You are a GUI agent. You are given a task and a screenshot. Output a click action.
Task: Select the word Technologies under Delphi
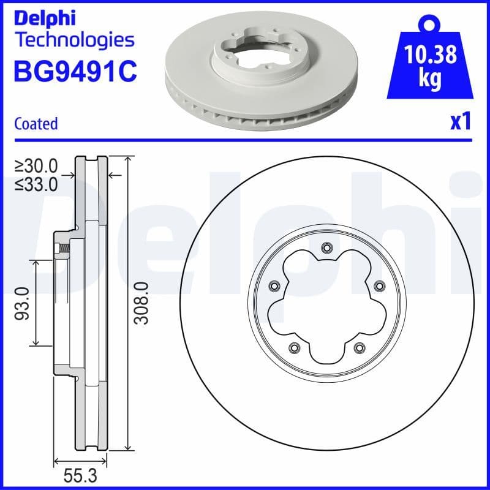click(x=73, y=40)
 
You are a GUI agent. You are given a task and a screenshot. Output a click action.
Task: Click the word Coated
click(x=36, y=123)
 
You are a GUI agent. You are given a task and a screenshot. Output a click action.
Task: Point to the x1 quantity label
click(x=461, y=122)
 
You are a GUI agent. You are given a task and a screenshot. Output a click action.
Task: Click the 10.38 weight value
click(x=431, y=55)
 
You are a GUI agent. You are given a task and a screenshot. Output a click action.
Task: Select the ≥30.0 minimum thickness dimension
click(x=37, y=165)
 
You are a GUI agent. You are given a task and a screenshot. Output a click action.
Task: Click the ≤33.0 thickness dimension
click(x=37, y=183)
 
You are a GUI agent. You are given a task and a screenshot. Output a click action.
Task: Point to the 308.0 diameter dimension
click(x=141, y=303)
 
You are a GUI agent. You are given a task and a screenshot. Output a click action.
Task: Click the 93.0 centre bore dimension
click(x=23, y=303)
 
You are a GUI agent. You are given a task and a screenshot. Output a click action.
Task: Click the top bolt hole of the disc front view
click(x=326, y=248)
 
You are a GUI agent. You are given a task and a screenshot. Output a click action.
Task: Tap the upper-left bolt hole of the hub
click(x=273, y=285)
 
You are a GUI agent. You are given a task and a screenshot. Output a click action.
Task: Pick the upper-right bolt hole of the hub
click(x=379, y=285)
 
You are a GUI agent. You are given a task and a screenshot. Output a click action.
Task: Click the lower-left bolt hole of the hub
click(x=293, y=348)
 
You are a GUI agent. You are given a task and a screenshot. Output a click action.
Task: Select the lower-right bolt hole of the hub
click(x=358, y=348)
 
